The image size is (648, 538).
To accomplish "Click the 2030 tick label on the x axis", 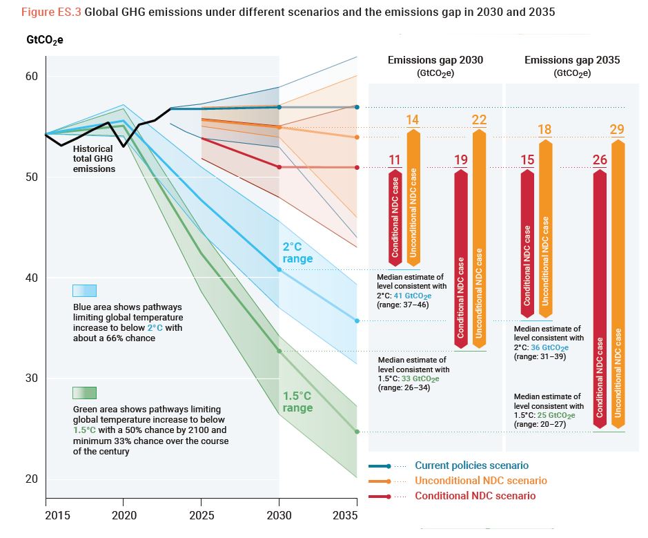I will point(279,515).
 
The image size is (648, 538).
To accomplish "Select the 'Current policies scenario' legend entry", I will point(471,465).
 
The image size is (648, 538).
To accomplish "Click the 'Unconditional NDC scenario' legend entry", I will point(480,481).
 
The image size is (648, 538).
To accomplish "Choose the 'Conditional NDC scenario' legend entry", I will point(475,496).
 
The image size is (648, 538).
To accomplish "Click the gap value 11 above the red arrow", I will point(394,160).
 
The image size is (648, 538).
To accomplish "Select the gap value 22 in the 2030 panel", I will point(479,120).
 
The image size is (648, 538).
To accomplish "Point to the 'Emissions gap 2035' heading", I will point(572,61).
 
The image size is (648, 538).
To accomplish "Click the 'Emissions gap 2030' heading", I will point(435,61).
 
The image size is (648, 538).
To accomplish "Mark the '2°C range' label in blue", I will point(297,253).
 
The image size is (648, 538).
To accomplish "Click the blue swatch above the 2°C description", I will point(84,290).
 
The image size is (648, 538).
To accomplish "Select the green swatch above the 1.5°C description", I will point(84,393).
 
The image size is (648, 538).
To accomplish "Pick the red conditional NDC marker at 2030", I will point(279,167).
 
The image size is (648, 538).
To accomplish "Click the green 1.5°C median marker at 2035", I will point(357,432).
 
